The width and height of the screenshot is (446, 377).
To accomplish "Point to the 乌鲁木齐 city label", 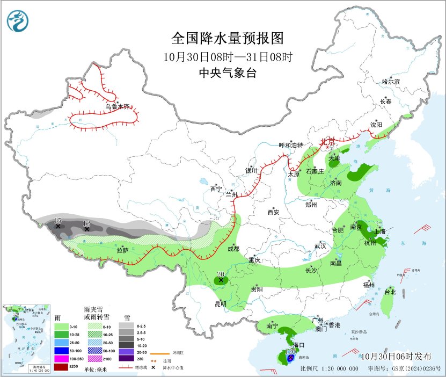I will (117, 107).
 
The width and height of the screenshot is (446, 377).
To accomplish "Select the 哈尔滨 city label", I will (391, 82).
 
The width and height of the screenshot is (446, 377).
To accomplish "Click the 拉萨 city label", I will (122, 250).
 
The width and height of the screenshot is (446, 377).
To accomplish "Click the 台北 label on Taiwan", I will (390, 292).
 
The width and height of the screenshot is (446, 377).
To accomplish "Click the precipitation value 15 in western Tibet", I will (58, 220).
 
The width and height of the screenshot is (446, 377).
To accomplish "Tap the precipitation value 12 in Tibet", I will (87, 223).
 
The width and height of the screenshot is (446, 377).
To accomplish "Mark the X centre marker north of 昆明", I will (221, 280).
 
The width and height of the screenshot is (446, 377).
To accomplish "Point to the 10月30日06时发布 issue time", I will (396, 356).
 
